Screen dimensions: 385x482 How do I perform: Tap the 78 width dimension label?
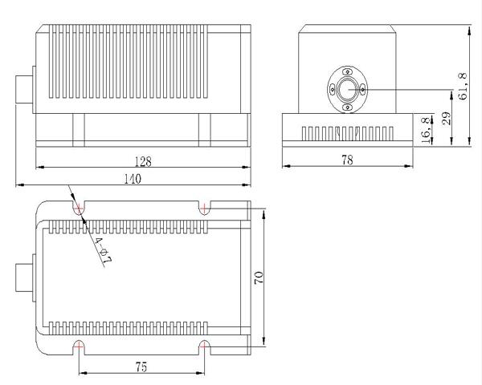tap(348, 160)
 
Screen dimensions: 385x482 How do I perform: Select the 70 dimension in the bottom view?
tap(259, 276)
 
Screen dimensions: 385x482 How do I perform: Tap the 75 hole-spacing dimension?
tap(141, 367)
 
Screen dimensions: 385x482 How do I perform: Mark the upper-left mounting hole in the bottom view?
tap(79, 209)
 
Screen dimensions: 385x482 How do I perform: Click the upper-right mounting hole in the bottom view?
tap(206, 209)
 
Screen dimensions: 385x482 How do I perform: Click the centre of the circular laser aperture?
tap(347, 89)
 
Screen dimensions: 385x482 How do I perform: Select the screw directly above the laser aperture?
tap(347, 72)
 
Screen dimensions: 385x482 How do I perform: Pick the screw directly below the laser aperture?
tap(347, 107)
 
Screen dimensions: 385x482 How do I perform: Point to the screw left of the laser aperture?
tap(332, 90)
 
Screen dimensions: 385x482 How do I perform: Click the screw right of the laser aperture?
tap(362, 90)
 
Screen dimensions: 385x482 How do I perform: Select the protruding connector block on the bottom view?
tap(26, 278)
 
